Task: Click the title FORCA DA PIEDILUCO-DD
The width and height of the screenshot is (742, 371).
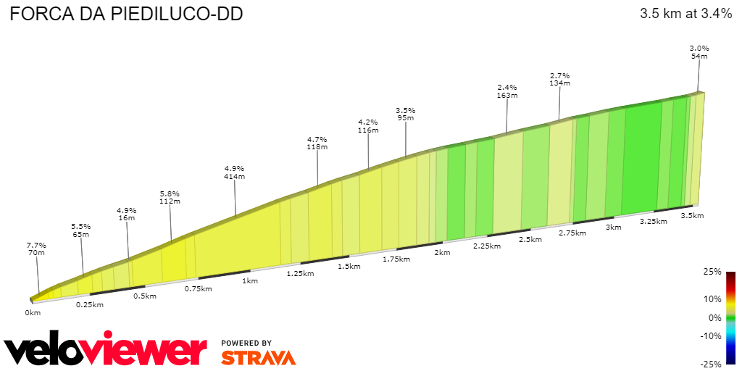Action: [x=126, y=14]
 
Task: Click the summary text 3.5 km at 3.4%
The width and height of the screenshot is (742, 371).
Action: [x=685, y=13]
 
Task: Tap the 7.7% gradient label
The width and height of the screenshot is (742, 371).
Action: [x=36, y=249]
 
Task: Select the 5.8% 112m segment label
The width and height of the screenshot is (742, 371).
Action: [x=169, y=198]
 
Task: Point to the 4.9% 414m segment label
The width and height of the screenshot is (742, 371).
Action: [x=234, y=172]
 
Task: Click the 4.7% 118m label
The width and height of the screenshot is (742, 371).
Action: [x=317, y=143]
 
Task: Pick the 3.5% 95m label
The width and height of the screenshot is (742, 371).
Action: [x=405, y=114]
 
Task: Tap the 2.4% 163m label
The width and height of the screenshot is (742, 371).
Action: [x=507, y=91]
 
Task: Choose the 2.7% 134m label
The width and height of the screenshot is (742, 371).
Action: [x=559, y=79]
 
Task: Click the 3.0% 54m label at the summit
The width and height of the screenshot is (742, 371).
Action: [x=699, y=51]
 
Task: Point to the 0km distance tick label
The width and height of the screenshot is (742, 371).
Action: [x=32, y=312]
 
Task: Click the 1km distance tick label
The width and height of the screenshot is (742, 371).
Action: [x=250, y=280]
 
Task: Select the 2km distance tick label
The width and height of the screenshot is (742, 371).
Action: [x=442, y=253]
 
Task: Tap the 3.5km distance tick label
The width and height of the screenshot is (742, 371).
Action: [x=693, y=216]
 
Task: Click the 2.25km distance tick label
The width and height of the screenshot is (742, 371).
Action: [x=487, y=246]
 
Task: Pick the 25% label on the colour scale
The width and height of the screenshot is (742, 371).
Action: [x=712, y=272]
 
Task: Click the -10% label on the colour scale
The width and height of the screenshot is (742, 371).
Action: [x=711, y=335]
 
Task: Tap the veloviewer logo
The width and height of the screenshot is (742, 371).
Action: [x=106, y=351]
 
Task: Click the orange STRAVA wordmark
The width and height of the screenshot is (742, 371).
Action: [x=258, y=358]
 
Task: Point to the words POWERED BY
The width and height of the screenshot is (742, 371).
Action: [x=246, y=343]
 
